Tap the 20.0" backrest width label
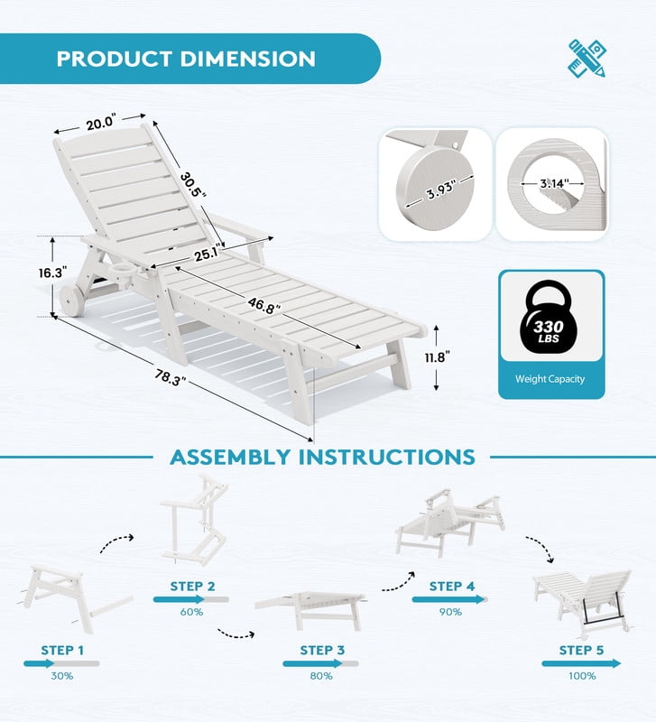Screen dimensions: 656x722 100,123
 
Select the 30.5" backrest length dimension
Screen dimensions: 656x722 192,184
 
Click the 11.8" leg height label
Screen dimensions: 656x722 437,356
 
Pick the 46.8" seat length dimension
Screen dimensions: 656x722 263,305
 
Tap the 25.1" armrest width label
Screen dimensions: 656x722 208,254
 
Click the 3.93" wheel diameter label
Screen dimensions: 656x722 441,189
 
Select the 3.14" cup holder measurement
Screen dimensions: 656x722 554,183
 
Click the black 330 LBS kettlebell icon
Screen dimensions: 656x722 549,319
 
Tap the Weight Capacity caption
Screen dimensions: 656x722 550,379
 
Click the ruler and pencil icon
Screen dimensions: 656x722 587,58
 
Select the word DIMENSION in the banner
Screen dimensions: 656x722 247,59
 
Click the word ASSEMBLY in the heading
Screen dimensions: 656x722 230,458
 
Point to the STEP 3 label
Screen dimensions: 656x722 322,650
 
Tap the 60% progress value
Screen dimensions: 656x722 191,612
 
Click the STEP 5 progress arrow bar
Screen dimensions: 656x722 581,663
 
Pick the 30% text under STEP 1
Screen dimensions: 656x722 61,676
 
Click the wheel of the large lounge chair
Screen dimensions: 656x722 72,301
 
